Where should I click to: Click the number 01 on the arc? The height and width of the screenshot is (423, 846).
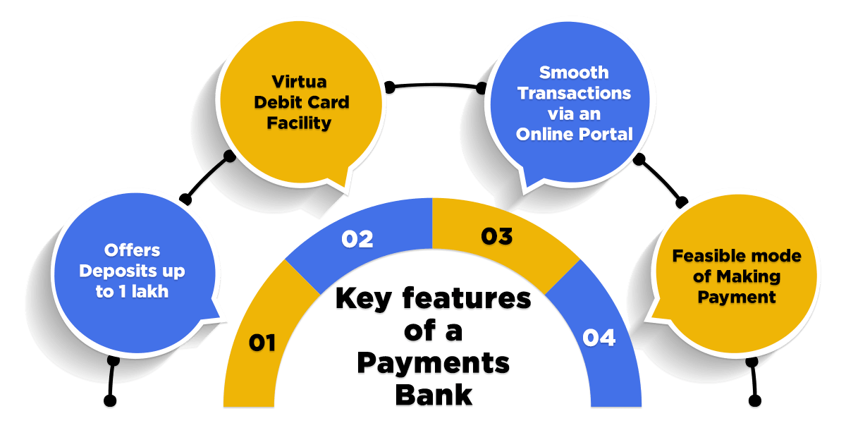tap(262, 343)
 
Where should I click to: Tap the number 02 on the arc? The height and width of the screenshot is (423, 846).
tap(357, 239)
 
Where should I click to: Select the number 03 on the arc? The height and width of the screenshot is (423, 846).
tap(496, 236)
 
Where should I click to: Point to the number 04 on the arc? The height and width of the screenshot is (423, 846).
tap(599, 338)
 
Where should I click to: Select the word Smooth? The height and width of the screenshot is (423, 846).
tap(574, 72)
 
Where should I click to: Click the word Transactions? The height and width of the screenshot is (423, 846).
tap(574, 92)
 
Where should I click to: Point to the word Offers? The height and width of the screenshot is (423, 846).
tap(133, 250)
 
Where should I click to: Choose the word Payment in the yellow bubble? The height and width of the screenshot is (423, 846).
tap(737, 297)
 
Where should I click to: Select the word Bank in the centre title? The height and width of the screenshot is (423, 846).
tap(433, 393)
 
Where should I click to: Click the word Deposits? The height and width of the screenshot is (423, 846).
tap(118, 271)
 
